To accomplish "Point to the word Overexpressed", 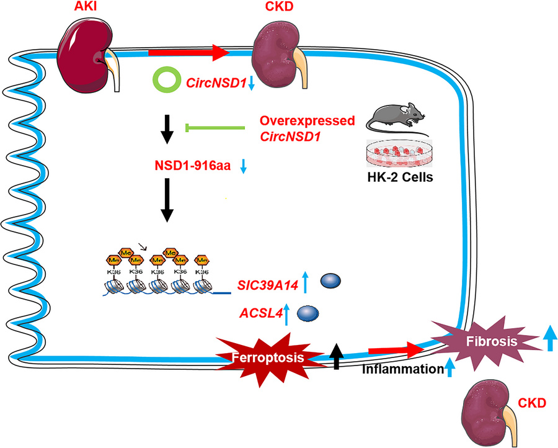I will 299,120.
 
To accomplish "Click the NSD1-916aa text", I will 194,166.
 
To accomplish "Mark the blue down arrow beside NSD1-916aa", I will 244,166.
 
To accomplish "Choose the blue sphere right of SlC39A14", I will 329,283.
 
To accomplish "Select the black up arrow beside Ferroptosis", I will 335,356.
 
